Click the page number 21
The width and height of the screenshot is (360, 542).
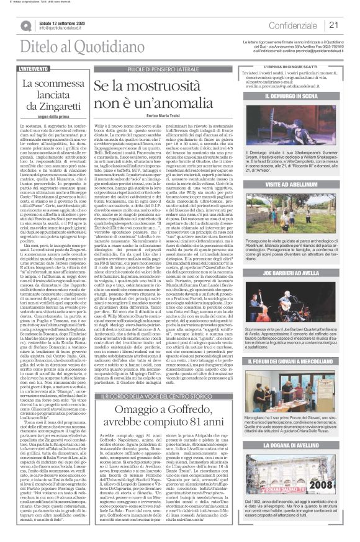pos(333,25)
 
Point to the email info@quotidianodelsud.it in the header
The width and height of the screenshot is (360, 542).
pos(65,28)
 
